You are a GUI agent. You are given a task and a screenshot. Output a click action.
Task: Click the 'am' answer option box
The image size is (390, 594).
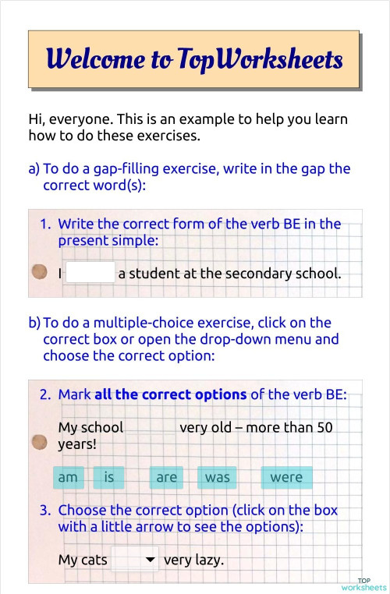pyautogui.click(x=68, y=477)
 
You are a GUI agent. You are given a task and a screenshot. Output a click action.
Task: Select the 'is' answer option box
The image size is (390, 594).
pyautogui.click(x=109, y=477)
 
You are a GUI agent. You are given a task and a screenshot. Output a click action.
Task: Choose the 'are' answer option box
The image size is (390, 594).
pyautogui.click(x=166, y=477)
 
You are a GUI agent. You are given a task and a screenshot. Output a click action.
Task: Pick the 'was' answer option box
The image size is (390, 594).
pyautogui.click(x=217, y=477)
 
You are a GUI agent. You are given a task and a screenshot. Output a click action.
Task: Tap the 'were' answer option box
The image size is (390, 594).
pyautogui.click(x=285, y=477)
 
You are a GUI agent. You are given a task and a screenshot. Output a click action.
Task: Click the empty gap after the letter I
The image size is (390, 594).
pyautogui.click(x=90, y=273)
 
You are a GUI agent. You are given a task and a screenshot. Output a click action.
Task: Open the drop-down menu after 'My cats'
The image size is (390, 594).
pyautogui.click(x=135, y=560)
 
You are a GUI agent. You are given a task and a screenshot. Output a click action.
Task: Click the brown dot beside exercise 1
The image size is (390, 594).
pyautogui.click(x=37, y=272)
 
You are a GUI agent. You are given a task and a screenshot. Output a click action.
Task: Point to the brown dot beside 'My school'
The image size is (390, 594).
pyautogui.click(x=37, y=443)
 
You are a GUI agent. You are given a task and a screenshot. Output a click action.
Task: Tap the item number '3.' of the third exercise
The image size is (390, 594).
pyautogui.click(x=45, y=511)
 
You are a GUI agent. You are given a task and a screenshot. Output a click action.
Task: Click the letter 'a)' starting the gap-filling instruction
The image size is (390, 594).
pyautogui.click(x=34, y=168)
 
